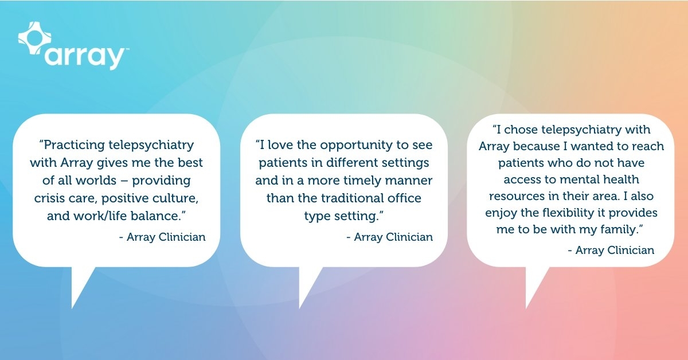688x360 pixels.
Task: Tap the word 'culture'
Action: [x=179, y=199]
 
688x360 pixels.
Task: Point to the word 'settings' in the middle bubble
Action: [x=404, y=163]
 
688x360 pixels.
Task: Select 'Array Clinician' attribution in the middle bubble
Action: [x=389, y=237]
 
